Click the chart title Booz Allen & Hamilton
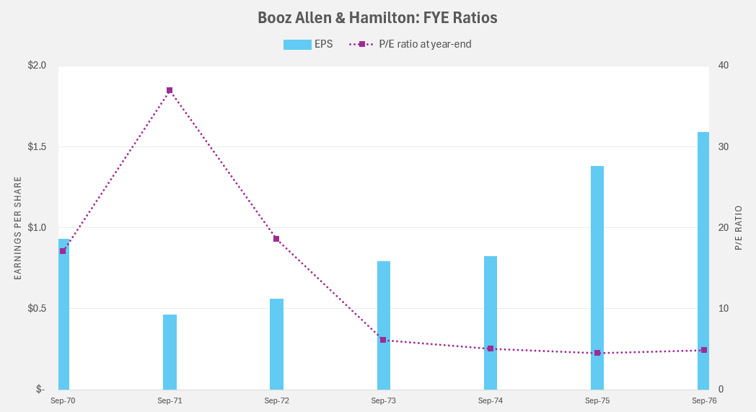[x=377, y=17]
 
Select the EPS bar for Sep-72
[x=276, y=344]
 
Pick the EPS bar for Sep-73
[x=383, y=325]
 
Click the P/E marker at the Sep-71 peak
[x=170, y=90]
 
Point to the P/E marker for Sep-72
[x=276, y=239]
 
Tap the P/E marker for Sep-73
[x=383, y=340]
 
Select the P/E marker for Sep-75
[x=597, y=353]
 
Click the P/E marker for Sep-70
[x=63, y=251]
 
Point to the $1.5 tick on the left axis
[x=36, y=146]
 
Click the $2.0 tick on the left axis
[x=36, y=66]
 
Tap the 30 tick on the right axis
[x=724, y=146]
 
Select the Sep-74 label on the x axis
[x=491, y=400]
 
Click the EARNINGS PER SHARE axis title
[x=18, y=228]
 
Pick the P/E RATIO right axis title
[x=739, y=228]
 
